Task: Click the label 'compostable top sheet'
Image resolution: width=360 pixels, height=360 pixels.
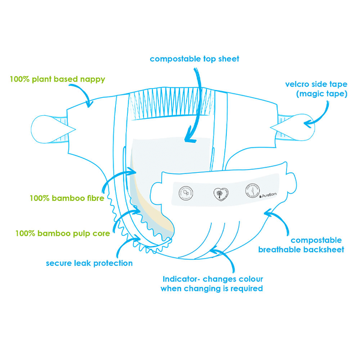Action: [x=194, y=59]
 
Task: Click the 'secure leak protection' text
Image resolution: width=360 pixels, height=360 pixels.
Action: [x=89, y=263]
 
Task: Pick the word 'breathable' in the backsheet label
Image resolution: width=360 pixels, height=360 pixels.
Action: [x=283, y=249]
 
